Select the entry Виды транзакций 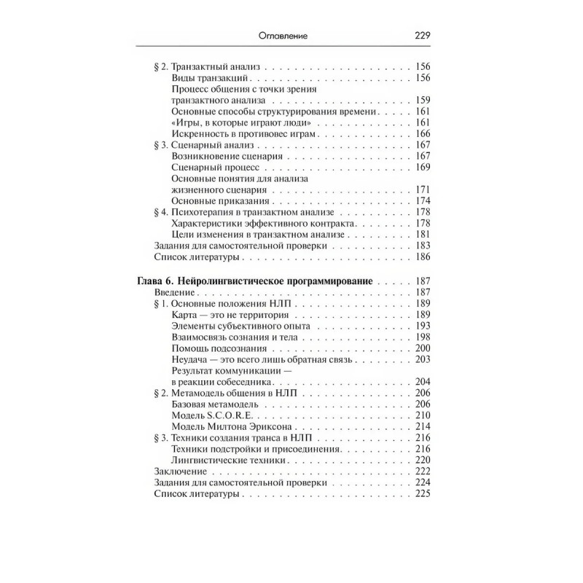pos(211,77)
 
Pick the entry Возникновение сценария pos(227,156)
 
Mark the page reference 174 pos(423,200)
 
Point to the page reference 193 pos(423,326)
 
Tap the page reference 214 pos(423,426)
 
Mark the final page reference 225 pos(423,493)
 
